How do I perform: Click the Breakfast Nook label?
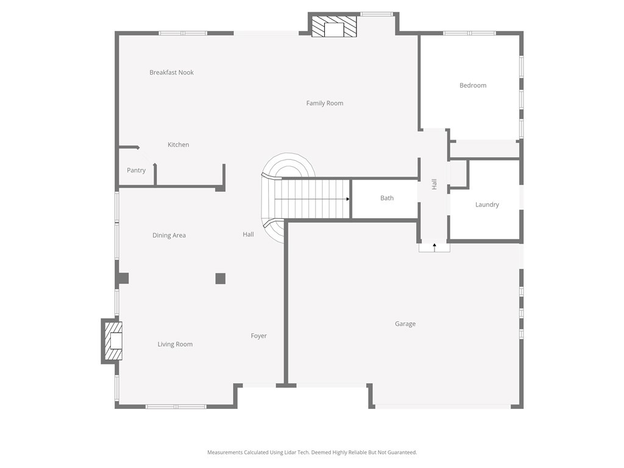tap(171, 73)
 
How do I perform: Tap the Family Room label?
tap(325, 104)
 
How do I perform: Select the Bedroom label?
tap(473, 85)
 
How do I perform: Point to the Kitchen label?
tap(179, 144)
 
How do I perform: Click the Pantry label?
tap(136, 171)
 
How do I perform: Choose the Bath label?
tap(387, 198)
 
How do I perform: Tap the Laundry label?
tap(487, 205)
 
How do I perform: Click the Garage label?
tap(405, 324)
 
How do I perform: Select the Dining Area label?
tap(169, 235)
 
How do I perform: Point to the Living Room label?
tap(175, 344)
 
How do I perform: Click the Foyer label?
tap(258, 336)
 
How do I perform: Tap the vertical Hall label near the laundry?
tap(434, 184)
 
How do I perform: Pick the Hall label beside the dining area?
tap(249, 235)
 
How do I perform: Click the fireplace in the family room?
tap(333, 27)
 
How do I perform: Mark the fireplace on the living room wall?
tap(113, 341)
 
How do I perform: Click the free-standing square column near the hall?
tap(221, 278)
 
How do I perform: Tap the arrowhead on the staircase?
tap(348, 199)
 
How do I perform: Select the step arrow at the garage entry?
tap(434, 247)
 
